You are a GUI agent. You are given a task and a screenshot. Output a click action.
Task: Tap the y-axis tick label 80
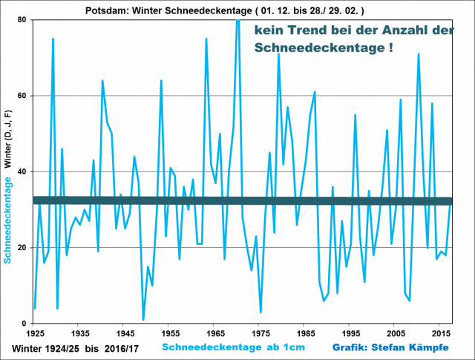click(x=23, y=20)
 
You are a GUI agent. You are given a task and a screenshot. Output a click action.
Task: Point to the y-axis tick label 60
click(x=23, y=96)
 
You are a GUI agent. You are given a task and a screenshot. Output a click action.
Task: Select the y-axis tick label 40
click(x=23, y=172)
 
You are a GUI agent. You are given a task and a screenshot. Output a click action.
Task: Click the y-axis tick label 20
click(x=23, y=248)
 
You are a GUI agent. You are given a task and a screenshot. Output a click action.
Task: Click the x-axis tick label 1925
click(x=34, y=334)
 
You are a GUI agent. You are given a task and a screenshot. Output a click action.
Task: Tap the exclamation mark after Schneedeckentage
click(x=390, y=47)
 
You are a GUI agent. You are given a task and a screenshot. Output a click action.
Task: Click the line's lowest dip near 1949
click(x=142, y=320)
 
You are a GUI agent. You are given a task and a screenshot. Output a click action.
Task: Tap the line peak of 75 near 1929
click(x=53, y=39)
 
